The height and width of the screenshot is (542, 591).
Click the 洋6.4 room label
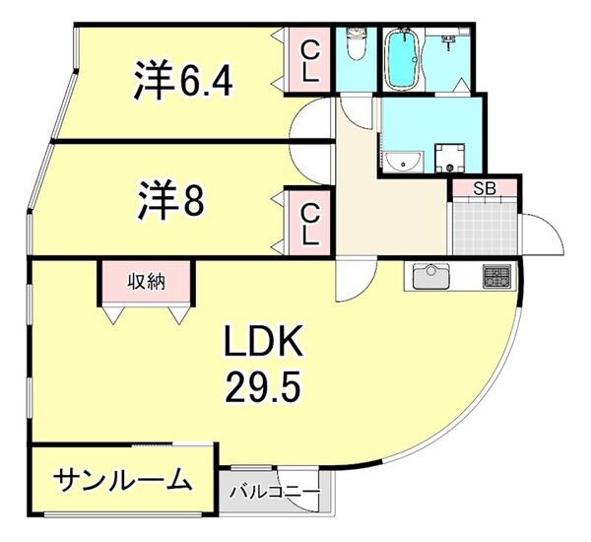point(183,80)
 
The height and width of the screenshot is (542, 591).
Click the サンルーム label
point(121,480)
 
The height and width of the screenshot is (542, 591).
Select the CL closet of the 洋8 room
point(309,222)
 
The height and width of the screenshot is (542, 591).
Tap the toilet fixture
point(356,45)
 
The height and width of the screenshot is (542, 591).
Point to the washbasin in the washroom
point(401,161)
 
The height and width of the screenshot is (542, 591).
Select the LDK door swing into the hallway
point(352,283)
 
